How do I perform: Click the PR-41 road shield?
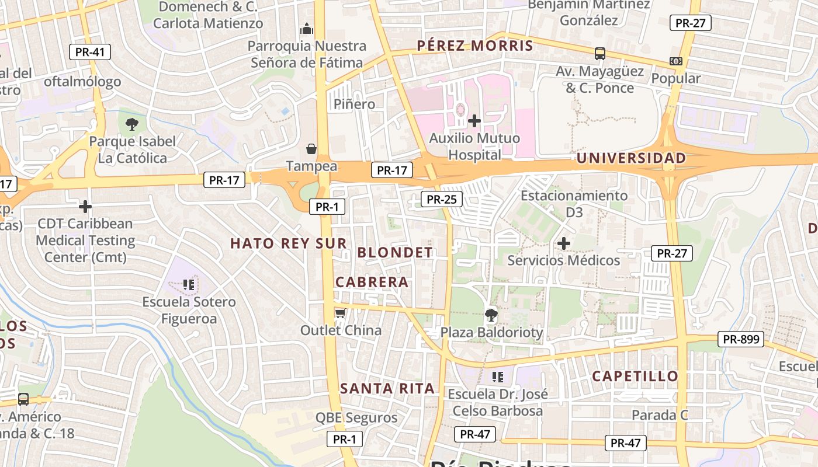tap(90, 52)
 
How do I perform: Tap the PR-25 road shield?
tap(441, 200)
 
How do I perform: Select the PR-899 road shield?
tap(740, 339)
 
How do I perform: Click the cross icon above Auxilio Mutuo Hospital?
tap(474, 121)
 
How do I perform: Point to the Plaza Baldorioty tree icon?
tap(491, 316)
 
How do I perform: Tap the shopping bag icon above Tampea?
tap(311, 149)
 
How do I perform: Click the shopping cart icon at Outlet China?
tap(340, 313)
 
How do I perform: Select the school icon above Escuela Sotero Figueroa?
tap(188, 285)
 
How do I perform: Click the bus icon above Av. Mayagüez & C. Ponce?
tap(599, 54)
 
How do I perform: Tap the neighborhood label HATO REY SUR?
tap(289, 243)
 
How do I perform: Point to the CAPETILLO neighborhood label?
tap(635, 377)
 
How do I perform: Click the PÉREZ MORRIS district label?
tap(475, 46)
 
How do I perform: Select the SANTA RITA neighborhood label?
tap(387, 388)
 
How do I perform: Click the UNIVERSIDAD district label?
tap(631, 158)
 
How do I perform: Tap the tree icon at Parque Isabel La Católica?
tap(132, 124)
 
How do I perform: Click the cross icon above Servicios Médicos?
tap(564, 243)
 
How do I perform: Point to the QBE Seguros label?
tap(356, 418)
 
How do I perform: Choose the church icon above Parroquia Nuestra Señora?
tap(307, 29)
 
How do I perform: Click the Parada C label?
tap(660, 416)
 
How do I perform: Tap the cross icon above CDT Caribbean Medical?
tap(85, 207)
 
